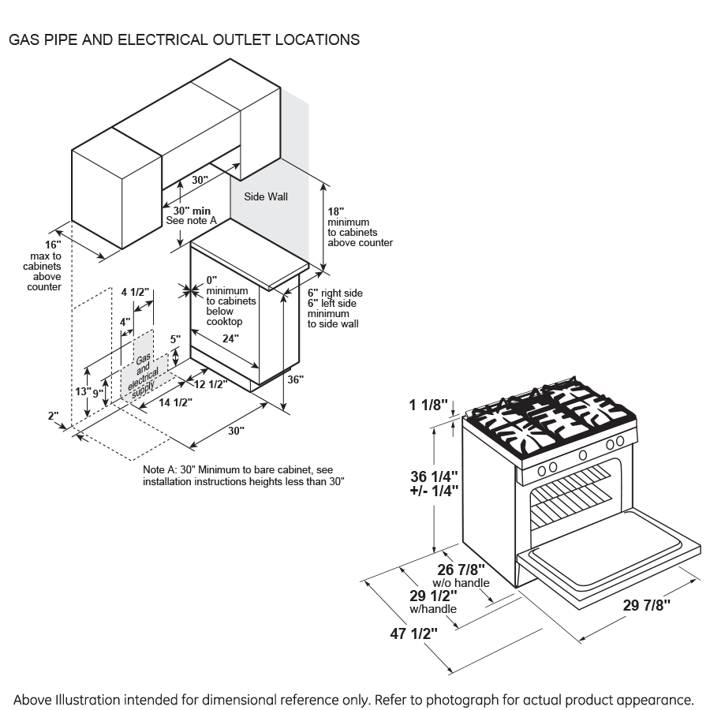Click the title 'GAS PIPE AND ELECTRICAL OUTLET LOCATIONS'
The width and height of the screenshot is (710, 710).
pyautogui.click(x=184, y=39)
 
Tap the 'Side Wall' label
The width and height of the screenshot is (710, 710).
pyautogui.click(x=265, y=196)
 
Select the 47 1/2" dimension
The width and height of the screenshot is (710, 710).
pyautogui.click(x=410, y=633)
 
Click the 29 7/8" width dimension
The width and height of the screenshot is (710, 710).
pyautogui.click(x=646, y=605)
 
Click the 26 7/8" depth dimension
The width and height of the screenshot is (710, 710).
pyautogui.click(x=461, y=570)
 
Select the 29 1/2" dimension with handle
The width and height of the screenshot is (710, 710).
pyautogui.click(x=432, y=596)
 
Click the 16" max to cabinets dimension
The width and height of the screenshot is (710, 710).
pyautogui.click(x=53, y=245)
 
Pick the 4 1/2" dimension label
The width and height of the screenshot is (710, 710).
pyautogui.click(x=135, y=292)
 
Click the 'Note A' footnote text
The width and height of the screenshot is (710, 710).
pyautogui.click(x=244, y=475)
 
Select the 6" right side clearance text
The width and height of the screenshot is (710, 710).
pyautogui.click(x=335, y=293)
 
